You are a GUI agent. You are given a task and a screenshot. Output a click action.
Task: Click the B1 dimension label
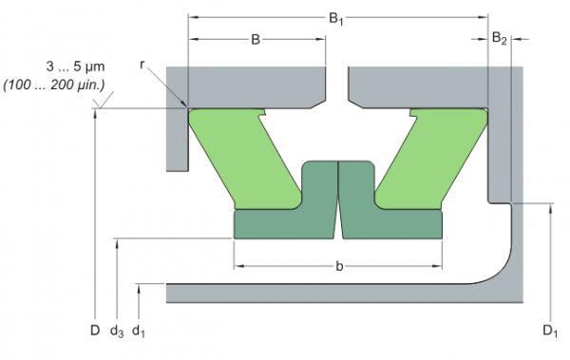pyautogui.click(x=336, y=18)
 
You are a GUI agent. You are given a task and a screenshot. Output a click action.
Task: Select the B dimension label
pyautogui.click(x=256, y=39)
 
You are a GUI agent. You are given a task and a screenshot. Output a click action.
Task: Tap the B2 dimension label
pyautogui.click(x=499, y=38)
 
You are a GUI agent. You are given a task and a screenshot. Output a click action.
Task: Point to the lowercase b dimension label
pyautogui.click(x=339, y=266)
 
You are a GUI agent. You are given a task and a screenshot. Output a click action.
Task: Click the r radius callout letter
pyautogui.click(x=142, y=65)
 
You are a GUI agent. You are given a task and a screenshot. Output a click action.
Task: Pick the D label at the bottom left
pyautogui.click(x=95, y=331)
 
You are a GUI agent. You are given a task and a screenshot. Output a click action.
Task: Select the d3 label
pyautogui.click(x=117, y=332)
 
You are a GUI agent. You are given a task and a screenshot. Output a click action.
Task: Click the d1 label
pyautogui.click(x=139, y=332)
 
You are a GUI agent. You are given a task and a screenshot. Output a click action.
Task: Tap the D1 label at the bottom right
pyautogui.click(x=550, y=331)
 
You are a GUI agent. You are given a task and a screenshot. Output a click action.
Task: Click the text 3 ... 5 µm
pyautogui.click(x=75, y=66)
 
